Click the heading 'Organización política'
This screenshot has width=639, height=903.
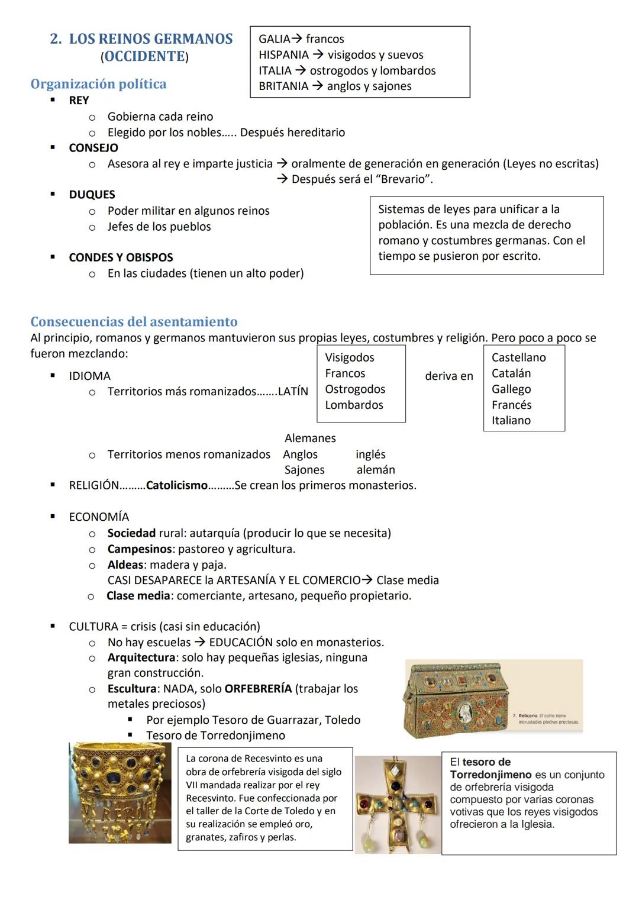coord(98,84)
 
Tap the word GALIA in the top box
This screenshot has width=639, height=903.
coord(274,39)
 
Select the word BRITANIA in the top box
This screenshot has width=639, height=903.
coord(283,86)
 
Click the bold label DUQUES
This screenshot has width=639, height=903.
coord(92,195)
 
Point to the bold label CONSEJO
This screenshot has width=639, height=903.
coord(93,148)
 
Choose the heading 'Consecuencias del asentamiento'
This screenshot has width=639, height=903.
coord(134,322)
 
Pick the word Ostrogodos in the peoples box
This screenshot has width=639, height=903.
coord(355,389)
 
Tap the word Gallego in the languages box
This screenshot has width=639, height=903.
coord(511,389)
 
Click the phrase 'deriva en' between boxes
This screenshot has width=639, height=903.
coord(449,376)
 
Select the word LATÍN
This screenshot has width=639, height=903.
coord(293,392)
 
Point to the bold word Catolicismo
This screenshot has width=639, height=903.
coord(176,486)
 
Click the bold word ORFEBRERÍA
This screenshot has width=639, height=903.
coord(258,689)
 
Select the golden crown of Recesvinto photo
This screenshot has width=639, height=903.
coord(120,793)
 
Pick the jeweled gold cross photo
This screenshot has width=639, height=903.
coord(398,805)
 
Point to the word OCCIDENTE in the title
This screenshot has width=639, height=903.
coord(144,57)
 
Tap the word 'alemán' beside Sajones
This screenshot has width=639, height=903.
coord(376,470)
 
